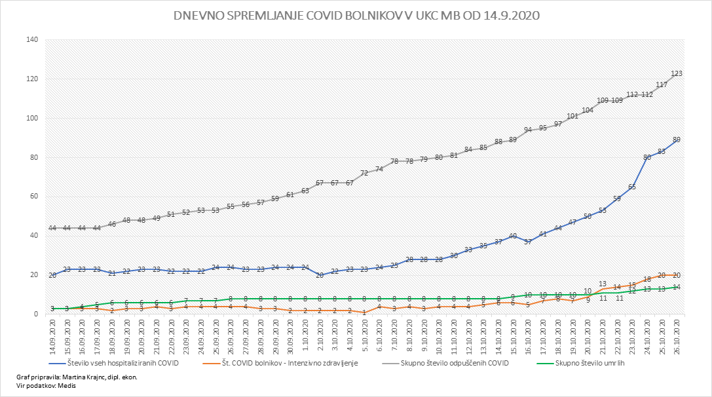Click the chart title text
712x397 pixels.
[356, 16]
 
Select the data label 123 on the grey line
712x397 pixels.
[677, 73]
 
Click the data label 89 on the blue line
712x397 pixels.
[677, 140]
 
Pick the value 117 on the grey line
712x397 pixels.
[662, 85]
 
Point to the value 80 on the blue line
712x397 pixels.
[646, 157]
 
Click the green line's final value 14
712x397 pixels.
[677, 287]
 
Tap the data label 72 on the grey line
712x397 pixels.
[364, 173]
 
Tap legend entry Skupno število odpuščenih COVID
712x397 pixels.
[458, 363]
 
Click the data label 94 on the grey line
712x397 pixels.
[528, 130]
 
